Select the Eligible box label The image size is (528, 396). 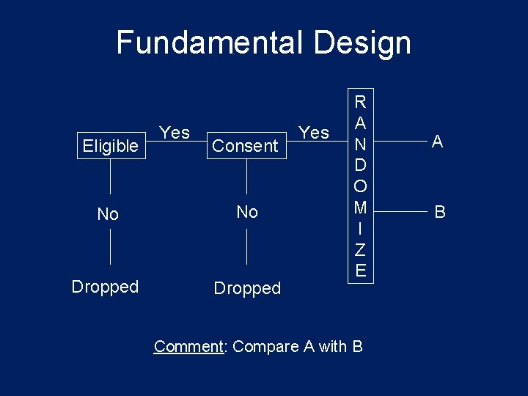click(x=110, y=146)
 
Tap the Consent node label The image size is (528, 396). click(x=245, y=146)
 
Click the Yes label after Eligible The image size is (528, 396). click(x=175, y=133)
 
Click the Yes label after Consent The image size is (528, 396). click(x=315, y=133)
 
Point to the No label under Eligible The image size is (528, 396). click(x=108, y=214)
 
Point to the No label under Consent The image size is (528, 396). click(x=247, y=212)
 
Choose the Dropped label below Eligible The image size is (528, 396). click(x=105, y=287)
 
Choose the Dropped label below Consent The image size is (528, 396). click(x=247, y=288)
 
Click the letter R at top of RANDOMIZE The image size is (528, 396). click(x=360, y=100)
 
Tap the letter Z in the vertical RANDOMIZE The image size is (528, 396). click(x=360, y=252)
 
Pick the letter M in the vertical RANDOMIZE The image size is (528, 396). click(x=360, y=208)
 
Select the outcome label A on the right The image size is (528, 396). click(x=437, y=142)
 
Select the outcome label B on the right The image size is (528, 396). click(x=440, y=213)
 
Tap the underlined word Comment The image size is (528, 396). click(x=188, y=346)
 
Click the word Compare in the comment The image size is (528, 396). click(x=261, y=346)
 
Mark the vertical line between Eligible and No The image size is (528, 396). click(x=110, y=177)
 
